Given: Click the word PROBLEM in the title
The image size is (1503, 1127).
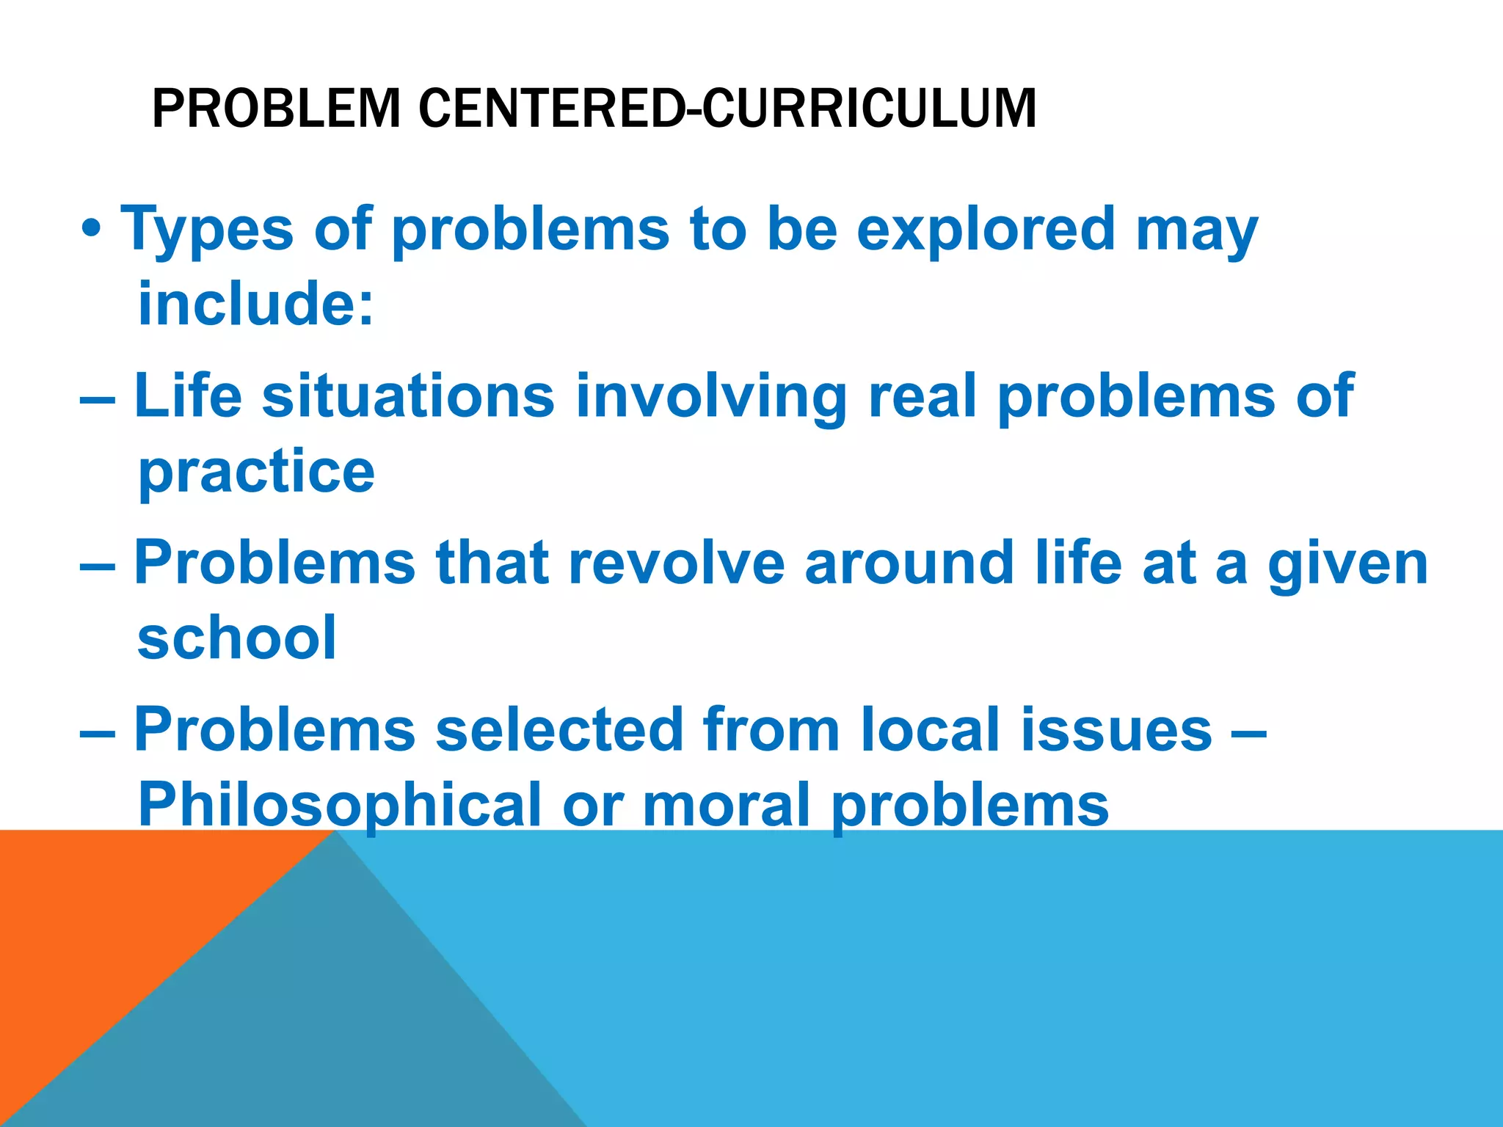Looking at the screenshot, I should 276,109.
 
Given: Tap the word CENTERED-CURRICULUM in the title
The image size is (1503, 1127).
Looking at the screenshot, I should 727,109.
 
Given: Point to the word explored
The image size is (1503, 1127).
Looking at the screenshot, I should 986,229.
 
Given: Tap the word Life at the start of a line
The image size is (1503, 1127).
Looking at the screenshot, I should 188,396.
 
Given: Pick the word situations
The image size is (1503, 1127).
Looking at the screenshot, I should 408,396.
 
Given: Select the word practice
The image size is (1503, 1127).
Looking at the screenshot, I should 256,473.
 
